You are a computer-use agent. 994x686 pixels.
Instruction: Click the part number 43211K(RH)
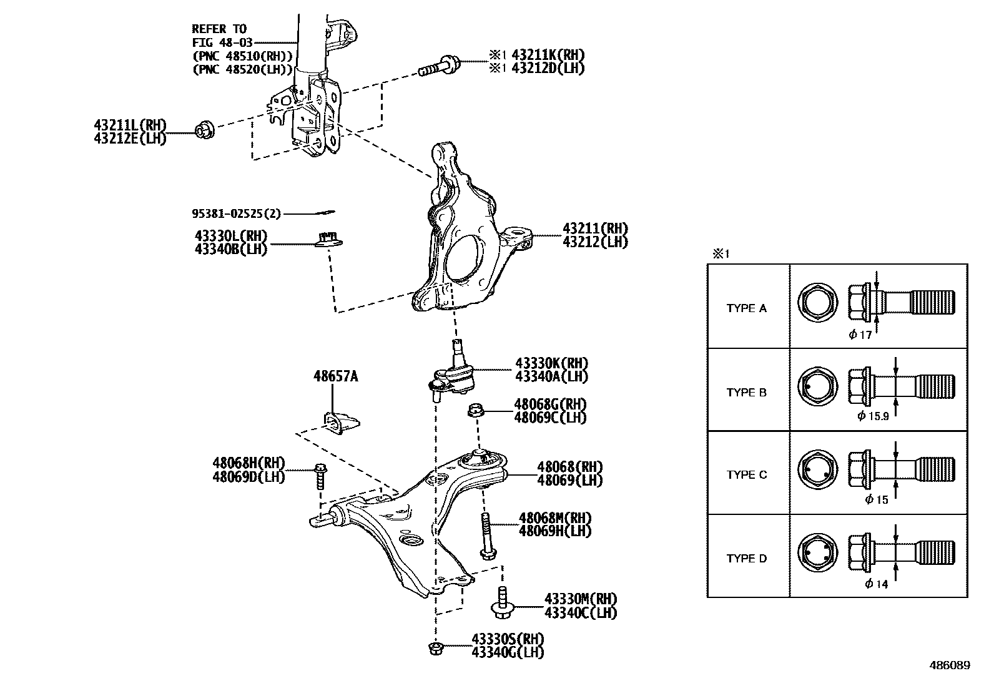point(548,55)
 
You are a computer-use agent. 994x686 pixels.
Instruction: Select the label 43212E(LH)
point(130,139)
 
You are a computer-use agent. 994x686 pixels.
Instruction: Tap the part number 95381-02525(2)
point(236,214)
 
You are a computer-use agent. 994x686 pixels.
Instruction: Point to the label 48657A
point(335,376)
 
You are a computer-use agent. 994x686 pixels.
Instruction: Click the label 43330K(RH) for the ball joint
point(551,363)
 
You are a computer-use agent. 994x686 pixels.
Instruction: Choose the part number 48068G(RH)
point(550,404)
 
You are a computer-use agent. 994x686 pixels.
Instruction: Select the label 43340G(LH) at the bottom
point(508,653)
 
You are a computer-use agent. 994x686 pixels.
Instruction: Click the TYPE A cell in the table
point(746,308)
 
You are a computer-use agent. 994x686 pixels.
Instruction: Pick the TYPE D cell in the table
point(746,559)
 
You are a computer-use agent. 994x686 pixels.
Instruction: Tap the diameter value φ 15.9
point(873,416)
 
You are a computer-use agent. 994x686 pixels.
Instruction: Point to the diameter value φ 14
point(876,584)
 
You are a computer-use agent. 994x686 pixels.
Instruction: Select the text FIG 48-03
point(219,42)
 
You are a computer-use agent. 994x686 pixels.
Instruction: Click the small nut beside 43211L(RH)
point(205,130)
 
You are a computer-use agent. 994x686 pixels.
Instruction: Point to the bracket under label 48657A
point(342,424)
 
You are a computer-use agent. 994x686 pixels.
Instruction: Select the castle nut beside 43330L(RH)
point(327,238)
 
